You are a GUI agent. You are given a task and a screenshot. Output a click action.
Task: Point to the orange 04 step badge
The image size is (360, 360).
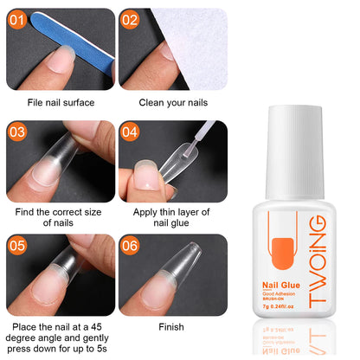[130, 132]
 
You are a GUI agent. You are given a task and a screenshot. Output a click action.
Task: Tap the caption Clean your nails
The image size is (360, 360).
[172, 102]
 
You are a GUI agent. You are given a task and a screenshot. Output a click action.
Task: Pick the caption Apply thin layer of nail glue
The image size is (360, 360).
[172, 216]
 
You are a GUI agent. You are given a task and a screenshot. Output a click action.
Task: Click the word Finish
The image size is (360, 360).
[172, 327]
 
